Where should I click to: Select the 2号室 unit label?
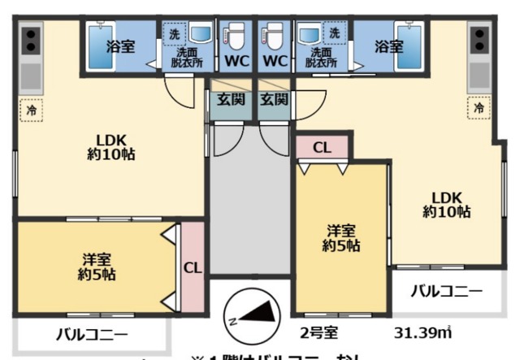(x=318, y=333)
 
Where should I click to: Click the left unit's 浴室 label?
(x=119, y=47)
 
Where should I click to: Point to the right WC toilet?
(x=274, y=37)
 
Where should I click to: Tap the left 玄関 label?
(x=229, y=100)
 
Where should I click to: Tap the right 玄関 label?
(x=274, y=100)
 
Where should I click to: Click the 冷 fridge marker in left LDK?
(x=31, y=109)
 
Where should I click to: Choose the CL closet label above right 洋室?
(x=322, y=148)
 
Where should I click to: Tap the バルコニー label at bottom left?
(x=92, y=333)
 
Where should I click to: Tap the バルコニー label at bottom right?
(x=445, y=290)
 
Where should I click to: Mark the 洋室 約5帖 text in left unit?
(x=97, y=267)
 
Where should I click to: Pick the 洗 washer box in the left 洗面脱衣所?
(x=172, y=34)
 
